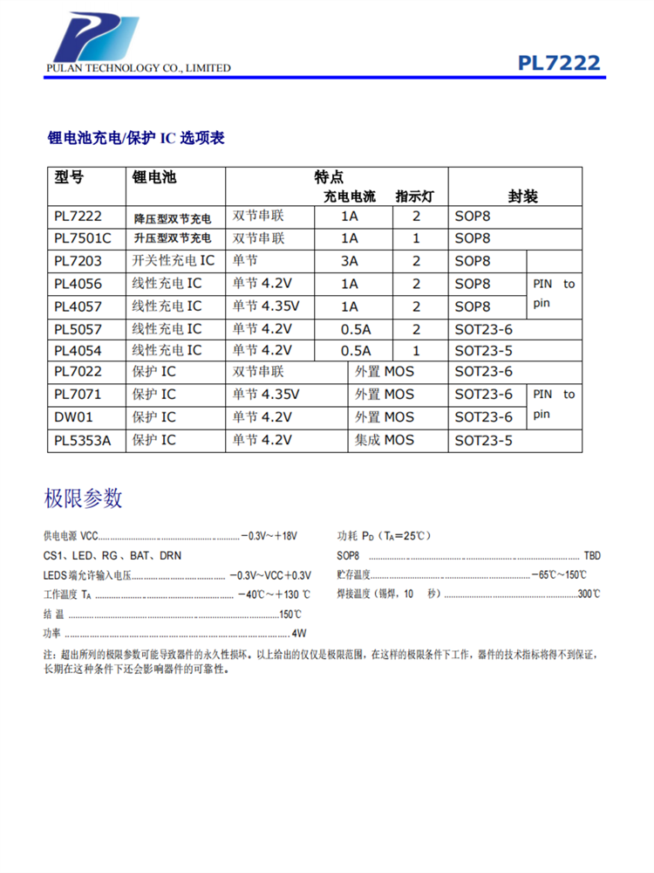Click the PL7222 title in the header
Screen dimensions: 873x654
559,64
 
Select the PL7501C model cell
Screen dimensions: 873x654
83,238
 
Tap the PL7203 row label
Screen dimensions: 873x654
78,261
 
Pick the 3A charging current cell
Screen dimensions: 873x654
350,261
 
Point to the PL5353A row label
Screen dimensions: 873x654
83,440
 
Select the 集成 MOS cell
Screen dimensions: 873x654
385,440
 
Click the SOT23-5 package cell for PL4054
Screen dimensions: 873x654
484,350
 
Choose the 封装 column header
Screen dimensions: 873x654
522,196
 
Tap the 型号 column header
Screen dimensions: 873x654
70,177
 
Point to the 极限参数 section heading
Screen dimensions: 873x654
83,498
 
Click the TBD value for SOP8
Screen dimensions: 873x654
592,556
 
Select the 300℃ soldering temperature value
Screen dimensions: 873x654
589,595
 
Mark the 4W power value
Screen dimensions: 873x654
299,633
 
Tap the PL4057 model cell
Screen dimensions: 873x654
78,306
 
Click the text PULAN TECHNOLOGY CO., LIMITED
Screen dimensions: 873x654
139,68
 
